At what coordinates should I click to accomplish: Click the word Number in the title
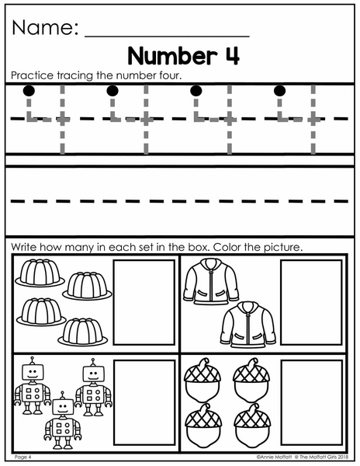tap(171, 56)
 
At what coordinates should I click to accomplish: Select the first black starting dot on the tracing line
tap(29, 91)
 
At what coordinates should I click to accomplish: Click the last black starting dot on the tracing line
tap(279, 91)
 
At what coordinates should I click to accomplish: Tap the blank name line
tap(167, 37)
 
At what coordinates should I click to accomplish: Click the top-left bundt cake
tap(40, 273)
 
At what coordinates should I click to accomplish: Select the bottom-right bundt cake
tap(82, 332)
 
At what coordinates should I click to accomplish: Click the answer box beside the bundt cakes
tap(144, 303)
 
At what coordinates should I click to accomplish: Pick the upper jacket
tap(211, 281)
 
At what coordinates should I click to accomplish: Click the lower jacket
tap(248, 325)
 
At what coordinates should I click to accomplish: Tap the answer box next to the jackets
tap(311, 303)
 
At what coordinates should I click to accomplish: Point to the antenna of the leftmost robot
tap(33, 360)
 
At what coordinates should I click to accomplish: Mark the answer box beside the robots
tap(144, 402)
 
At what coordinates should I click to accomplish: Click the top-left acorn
tap(202, 380)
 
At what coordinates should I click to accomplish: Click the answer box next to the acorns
tap(311, 402)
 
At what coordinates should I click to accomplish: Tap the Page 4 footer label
tap(22, 457)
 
